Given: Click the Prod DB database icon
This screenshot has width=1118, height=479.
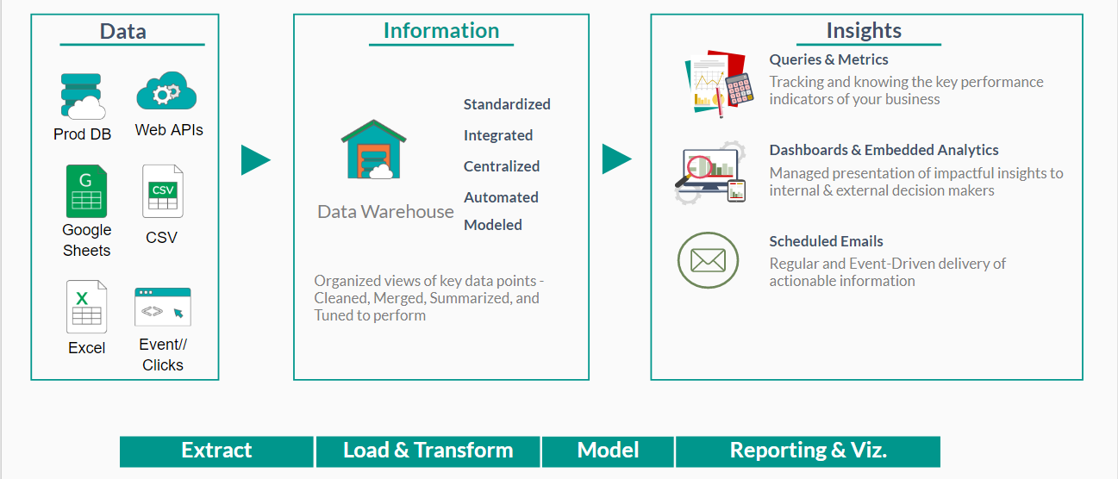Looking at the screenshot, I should pyautogui.click(x=83, y=96).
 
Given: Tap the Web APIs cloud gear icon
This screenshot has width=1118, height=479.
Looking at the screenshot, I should pyautogui.click(x=166, y=92).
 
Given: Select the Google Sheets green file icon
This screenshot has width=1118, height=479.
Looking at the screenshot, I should pyautogui.click(x=86, y=191).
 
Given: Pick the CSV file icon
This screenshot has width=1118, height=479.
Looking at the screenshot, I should pyautogui.click(x=162, y=191).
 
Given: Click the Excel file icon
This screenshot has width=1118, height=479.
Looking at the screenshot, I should pyautogui.click(x=86, y=307).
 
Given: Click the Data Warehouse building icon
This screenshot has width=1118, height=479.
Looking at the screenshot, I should pyautogui.click(x=373, y=150).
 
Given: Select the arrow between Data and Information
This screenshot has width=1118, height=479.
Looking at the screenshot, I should pyautogui.click(x=255, y=160).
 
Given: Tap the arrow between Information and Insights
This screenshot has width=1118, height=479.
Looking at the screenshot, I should pyautogui.click(x=616, y=159).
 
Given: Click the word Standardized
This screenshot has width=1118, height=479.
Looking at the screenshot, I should pyautogui.click(x=507, y=104).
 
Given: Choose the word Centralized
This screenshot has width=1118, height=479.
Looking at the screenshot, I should pyautogui.click(x=502, y=166).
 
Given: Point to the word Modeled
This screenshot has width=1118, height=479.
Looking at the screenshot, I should pyautogui.click(x=493, y=225).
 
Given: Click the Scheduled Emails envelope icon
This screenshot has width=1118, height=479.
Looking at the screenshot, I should pyautogui.click(x=708, y=260).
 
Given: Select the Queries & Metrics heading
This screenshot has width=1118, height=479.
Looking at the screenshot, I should pyautogui.click(x=828, y=59).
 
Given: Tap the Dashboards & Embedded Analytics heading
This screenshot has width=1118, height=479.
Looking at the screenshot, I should pyautogui.click(x=884, y=150).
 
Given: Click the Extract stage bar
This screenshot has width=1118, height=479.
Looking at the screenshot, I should pyautogui.click(x=216, y=451).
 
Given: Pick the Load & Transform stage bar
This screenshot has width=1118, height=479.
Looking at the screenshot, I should pyautogui.click(x=428, y=451).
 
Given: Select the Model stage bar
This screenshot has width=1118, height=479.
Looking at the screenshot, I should pyautogui.click(x=608, y=451).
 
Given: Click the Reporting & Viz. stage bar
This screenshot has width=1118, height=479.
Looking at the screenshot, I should pyautogui.click(x=808, y=451).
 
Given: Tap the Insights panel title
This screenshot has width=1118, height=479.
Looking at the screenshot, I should pyautogui.click(x=864, y=31).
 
